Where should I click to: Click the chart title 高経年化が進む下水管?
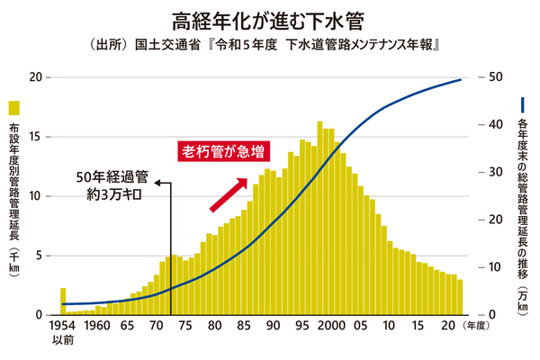pyautogui.click(x=269, y=18)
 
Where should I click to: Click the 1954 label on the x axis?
pyautogui.click(x=63, y=326)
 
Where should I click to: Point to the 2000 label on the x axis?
pyautogui.click(x=332, y=326)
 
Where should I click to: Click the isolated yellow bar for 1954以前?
pyautogui.click(x=63, y=301)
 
